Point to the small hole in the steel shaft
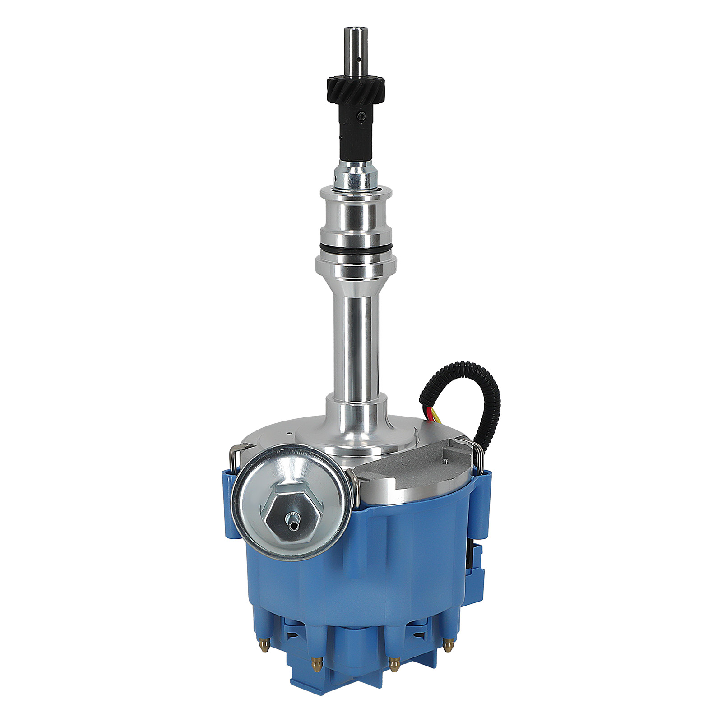tap(358, 59)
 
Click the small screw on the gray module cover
tap(444, 461)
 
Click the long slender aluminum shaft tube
tap(356, 343)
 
